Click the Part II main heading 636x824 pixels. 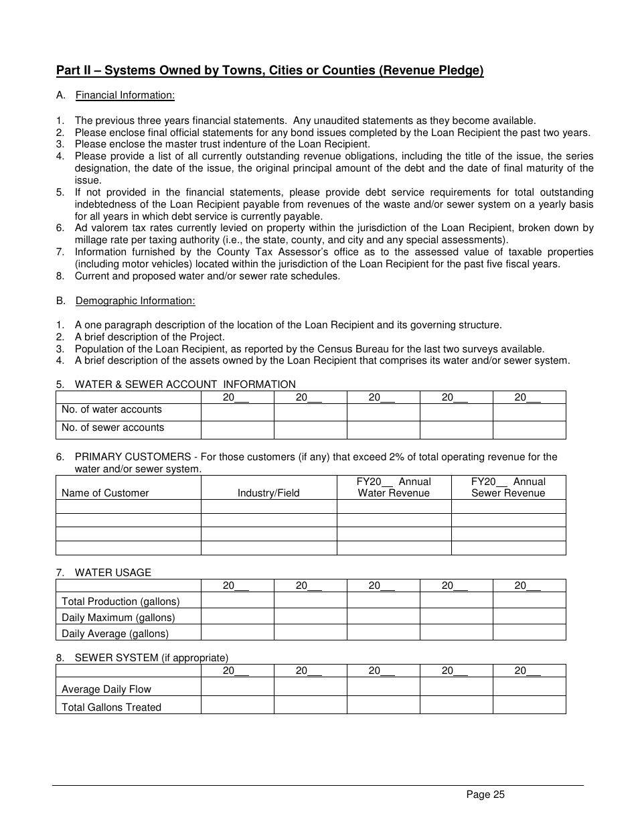[x=270, y=71]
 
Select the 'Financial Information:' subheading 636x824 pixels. [x=125, y=95]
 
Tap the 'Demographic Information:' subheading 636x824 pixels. [x=135, y=301]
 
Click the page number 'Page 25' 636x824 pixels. [x=485, y=795]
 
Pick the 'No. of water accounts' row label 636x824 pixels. [x=112, y=409]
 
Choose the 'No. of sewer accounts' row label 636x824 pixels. [x=112, y=427]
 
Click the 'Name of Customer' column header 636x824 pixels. [x=105, y=493]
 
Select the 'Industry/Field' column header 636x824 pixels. [x=268, y=493]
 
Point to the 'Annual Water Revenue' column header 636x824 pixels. [x=394, y=488]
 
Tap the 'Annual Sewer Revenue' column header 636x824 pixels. [x=508, y=488]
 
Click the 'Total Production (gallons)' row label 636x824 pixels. [x=121, y=602]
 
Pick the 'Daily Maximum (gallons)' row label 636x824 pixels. [x=118, y=618]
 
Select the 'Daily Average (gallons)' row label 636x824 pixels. [x=115, y=634]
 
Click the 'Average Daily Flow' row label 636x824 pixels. [x=106, y=689]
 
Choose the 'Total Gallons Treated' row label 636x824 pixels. [x=111, y=707]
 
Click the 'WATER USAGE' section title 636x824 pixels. [x=113, y=573]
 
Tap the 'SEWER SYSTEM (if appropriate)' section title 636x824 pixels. [x=151, y=658]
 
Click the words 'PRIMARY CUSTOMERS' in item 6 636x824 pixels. [x=133, y=457]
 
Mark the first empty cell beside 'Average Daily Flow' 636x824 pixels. [x=237, y=687]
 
